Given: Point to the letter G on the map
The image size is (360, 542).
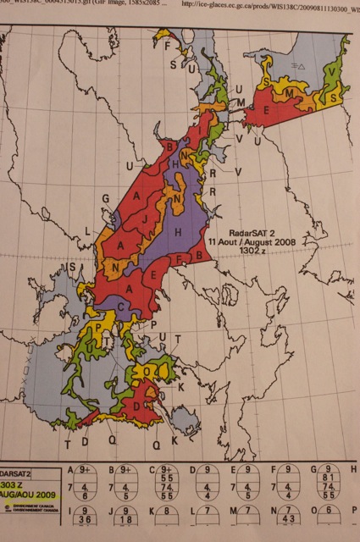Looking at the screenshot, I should [x=108, y=198].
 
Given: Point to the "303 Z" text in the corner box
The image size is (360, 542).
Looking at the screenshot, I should [x=17, y=480].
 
